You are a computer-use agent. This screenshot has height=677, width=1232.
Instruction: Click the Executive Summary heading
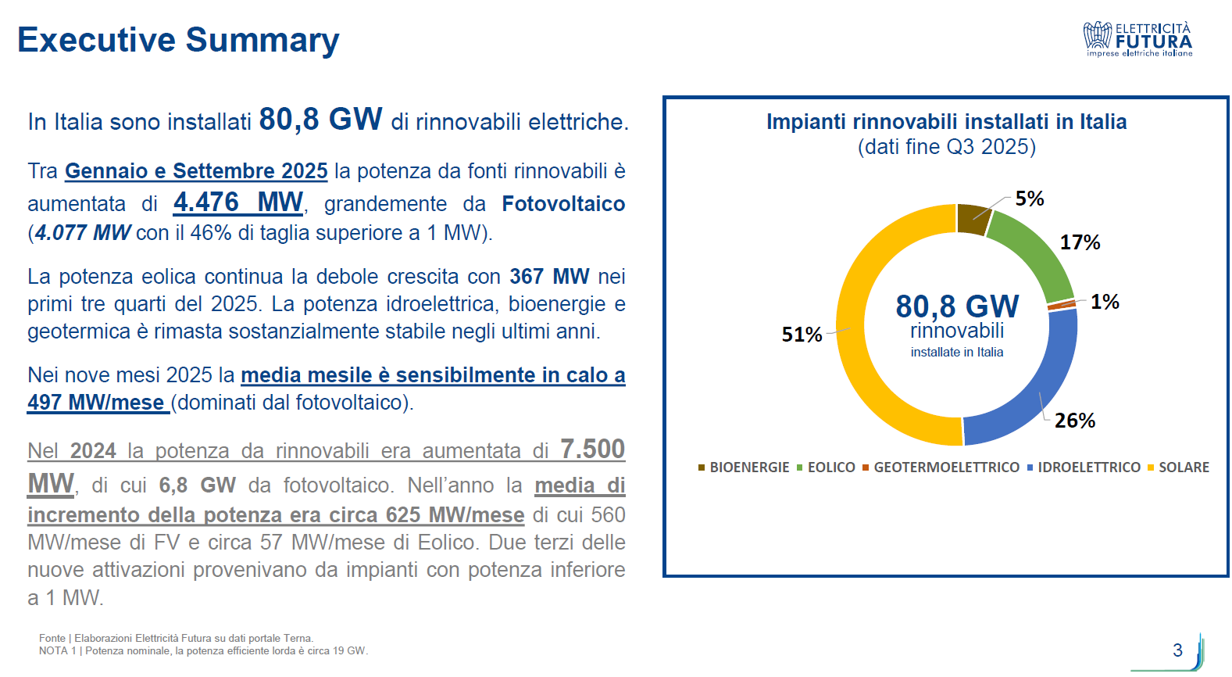(178, 41)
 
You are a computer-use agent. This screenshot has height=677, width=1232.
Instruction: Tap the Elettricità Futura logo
(1137, 39)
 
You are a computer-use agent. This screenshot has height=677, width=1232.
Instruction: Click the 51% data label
(802, 335)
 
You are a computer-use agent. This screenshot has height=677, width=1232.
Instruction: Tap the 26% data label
(1075, 421)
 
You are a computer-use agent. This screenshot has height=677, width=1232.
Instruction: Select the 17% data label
(1080, 242)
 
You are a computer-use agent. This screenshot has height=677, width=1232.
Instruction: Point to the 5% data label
(1030, 199)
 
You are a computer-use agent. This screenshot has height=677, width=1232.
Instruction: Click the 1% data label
(1105, 302)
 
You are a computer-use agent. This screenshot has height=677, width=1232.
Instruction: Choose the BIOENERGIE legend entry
(744, 467)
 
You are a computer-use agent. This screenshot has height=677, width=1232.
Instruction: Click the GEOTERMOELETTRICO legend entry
(941, 467)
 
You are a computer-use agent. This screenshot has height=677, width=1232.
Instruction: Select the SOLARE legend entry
(1178, 467)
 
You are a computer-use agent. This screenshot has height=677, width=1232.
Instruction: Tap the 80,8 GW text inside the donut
(957, 306)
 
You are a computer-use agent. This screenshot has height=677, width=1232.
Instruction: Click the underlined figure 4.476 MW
(238, 202)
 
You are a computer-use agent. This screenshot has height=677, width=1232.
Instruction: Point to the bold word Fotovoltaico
(563, 204)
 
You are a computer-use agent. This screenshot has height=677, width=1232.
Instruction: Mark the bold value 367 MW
(549, 277)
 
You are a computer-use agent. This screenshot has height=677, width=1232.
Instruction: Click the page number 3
(1177, 650)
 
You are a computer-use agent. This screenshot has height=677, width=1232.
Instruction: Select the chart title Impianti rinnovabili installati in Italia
(946, 122)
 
